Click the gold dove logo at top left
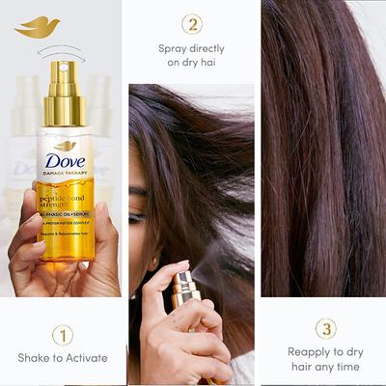pyautogui.click(x=38, y=27)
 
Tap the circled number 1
pyautogui.click(x=63, y=335)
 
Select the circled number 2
pyautogui.click(x=193, y=24)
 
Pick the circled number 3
pyautogui.click(x=325, y=329)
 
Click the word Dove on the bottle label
pyautogui.click(x=64, y=164)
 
